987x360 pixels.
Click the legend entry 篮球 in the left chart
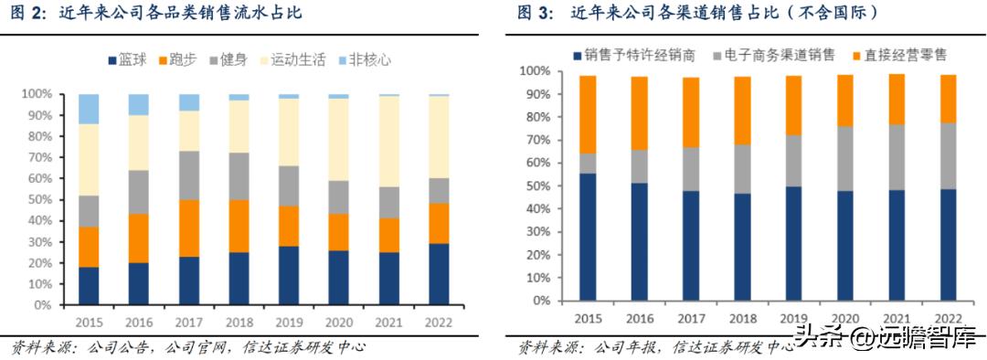pos(133,60)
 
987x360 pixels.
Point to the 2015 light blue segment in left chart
pos(89,109)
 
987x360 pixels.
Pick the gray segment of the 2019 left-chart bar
pos(290,185)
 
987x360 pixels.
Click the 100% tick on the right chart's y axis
pos(536,70)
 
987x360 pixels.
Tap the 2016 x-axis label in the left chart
pos(139,323)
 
